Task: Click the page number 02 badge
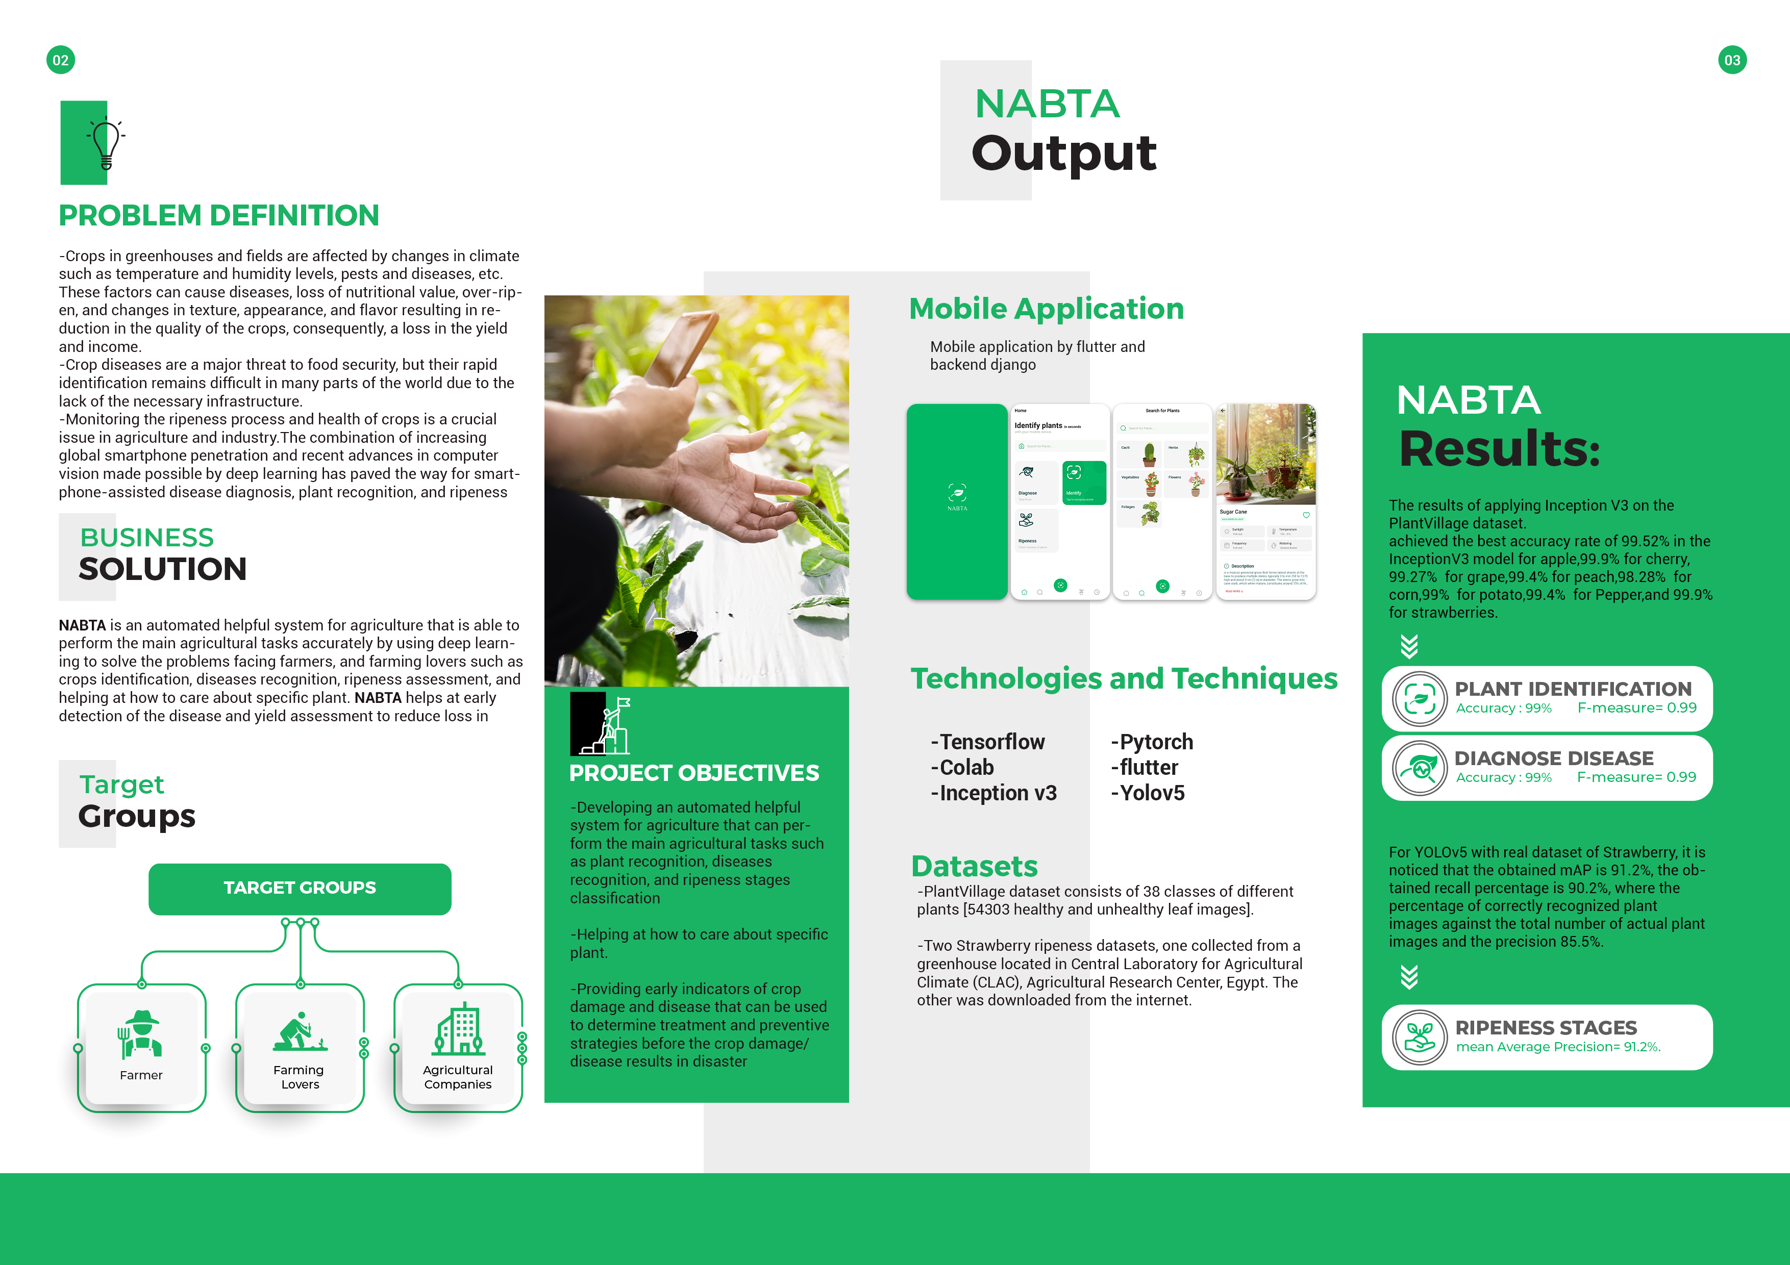(x=61, y=60)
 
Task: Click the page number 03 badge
(x=1731, y=60)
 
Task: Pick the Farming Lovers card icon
(x=300, y=1031)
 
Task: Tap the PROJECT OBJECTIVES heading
(x=694, y=773)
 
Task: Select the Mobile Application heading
(x=1046, y=309)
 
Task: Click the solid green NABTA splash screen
(x=957, y=501)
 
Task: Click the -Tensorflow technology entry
(x=988, y=742)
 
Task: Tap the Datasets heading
(x=975, y=866)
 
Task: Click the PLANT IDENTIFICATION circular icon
(x=1420, y=699)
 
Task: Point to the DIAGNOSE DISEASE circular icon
(x=1420, y=769)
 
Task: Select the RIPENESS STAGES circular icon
(x=1420, y=1038)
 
